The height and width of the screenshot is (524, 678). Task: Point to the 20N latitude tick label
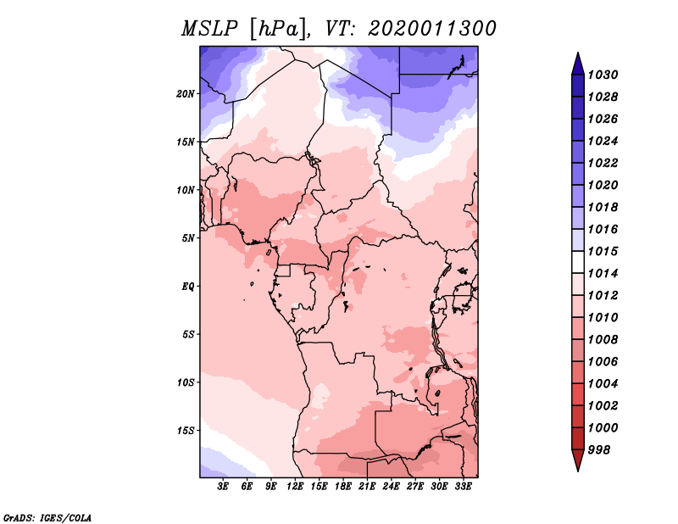(186, 93)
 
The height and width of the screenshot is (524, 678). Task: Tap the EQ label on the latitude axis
(188, 286)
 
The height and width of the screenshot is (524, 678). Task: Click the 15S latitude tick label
(186, 430)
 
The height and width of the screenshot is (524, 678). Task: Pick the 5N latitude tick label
(188, 237)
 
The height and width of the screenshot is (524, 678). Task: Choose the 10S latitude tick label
(186, 382)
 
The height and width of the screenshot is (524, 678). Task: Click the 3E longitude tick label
(224, 488)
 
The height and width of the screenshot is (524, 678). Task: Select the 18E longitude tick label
(343, 488)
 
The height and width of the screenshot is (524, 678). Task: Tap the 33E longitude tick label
(463, 488)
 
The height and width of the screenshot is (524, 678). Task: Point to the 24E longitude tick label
(391, 488)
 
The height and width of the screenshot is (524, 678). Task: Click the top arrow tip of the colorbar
(577, 55)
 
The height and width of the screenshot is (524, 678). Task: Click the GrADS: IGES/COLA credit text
(47, 516)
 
